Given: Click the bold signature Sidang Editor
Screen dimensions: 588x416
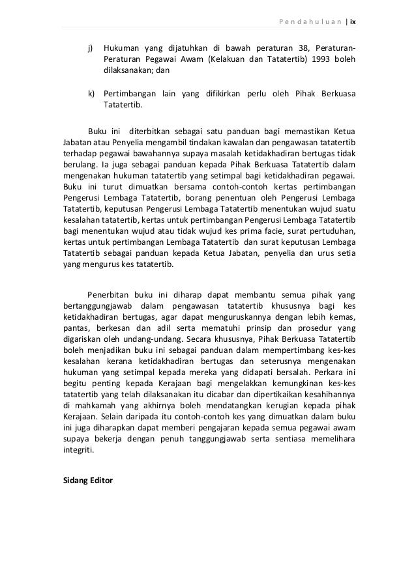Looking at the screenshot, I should pyautogui.click(x=85, y=481).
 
